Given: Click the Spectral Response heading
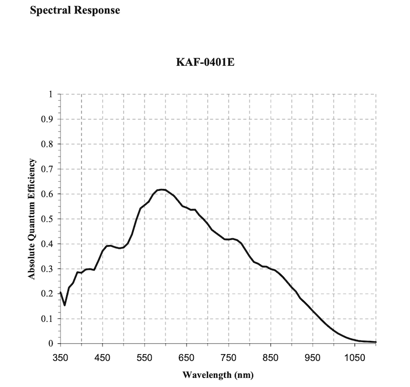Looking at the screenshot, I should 75,10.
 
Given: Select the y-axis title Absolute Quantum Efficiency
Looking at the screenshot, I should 32,219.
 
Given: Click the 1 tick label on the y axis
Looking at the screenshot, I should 51,94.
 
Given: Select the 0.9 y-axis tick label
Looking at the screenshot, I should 48,120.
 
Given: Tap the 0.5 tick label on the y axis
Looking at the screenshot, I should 48,219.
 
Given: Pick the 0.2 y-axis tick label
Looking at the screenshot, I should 48,294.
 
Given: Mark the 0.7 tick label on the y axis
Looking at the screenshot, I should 48,169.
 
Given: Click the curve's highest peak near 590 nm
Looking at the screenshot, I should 161,190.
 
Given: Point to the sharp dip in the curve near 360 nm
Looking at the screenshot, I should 65,305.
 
